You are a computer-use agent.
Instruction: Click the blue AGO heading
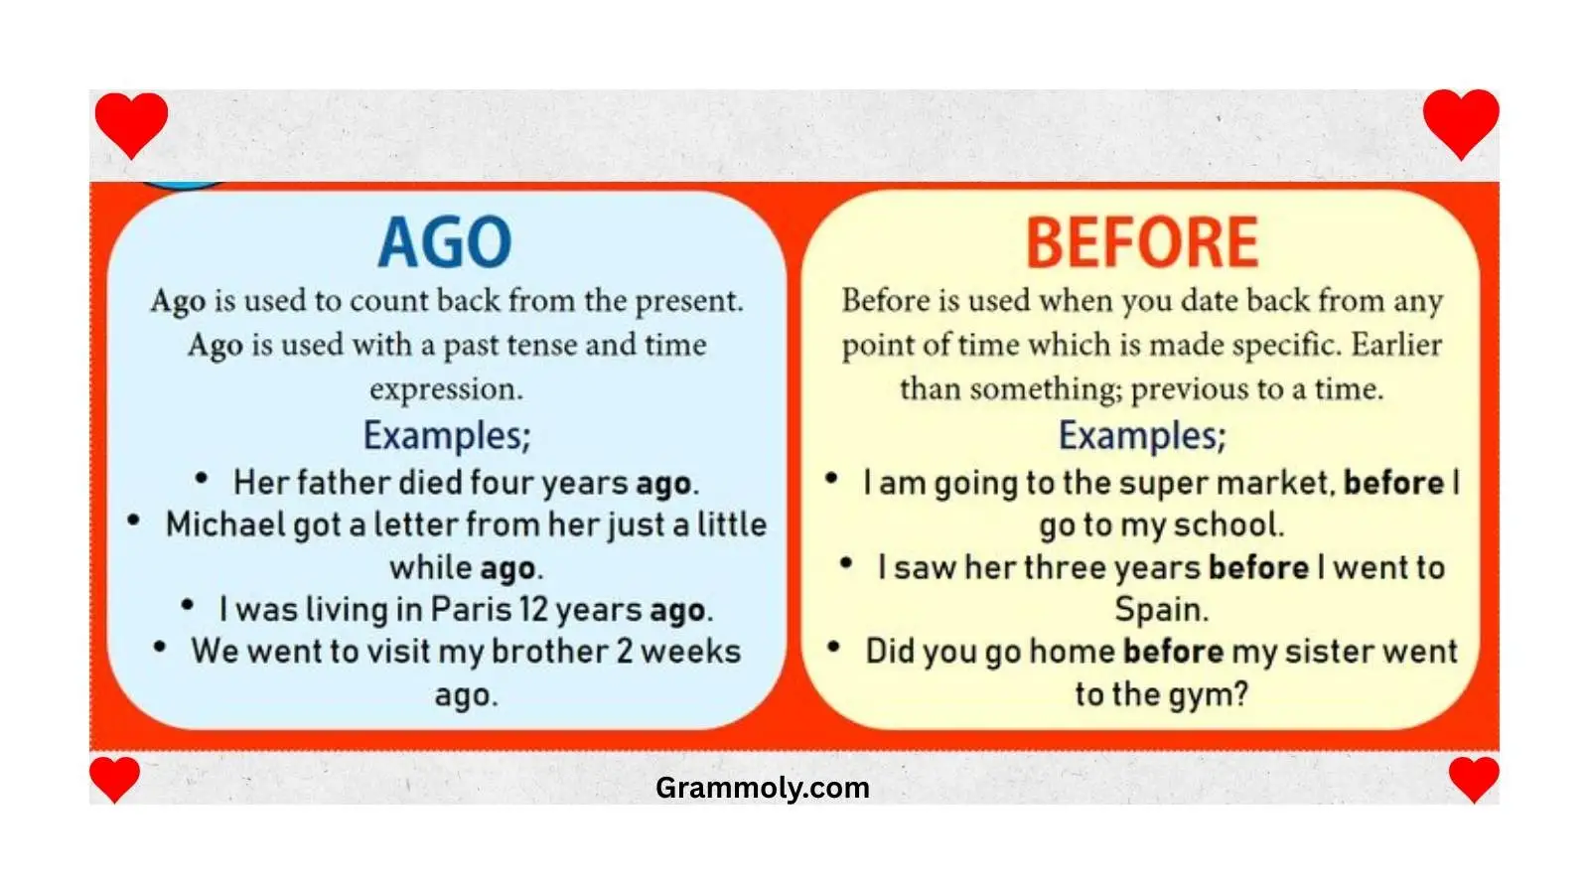445,243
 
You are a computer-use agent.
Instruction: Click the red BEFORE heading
1141,243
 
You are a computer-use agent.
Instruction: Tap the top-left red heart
131,123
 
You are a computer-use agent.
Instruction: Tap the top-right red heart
1460,121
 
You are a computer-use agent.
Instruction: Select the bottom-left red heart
114,778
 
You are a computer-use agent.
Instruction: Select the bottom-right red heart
1474,778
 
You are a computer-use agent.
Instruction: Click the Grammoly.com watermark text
762,788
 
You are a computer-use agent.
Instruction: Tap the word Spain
1160,609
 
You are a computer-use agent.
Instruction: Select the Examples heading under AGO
447,435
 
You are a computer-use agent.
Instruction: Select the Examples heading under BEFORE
1142,435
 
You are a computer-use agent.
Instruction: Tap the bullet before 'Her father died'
202,479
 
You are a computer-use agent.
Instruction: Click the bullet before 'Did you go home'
833,648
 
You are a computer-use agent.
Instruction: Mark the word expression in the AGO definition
445,389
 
